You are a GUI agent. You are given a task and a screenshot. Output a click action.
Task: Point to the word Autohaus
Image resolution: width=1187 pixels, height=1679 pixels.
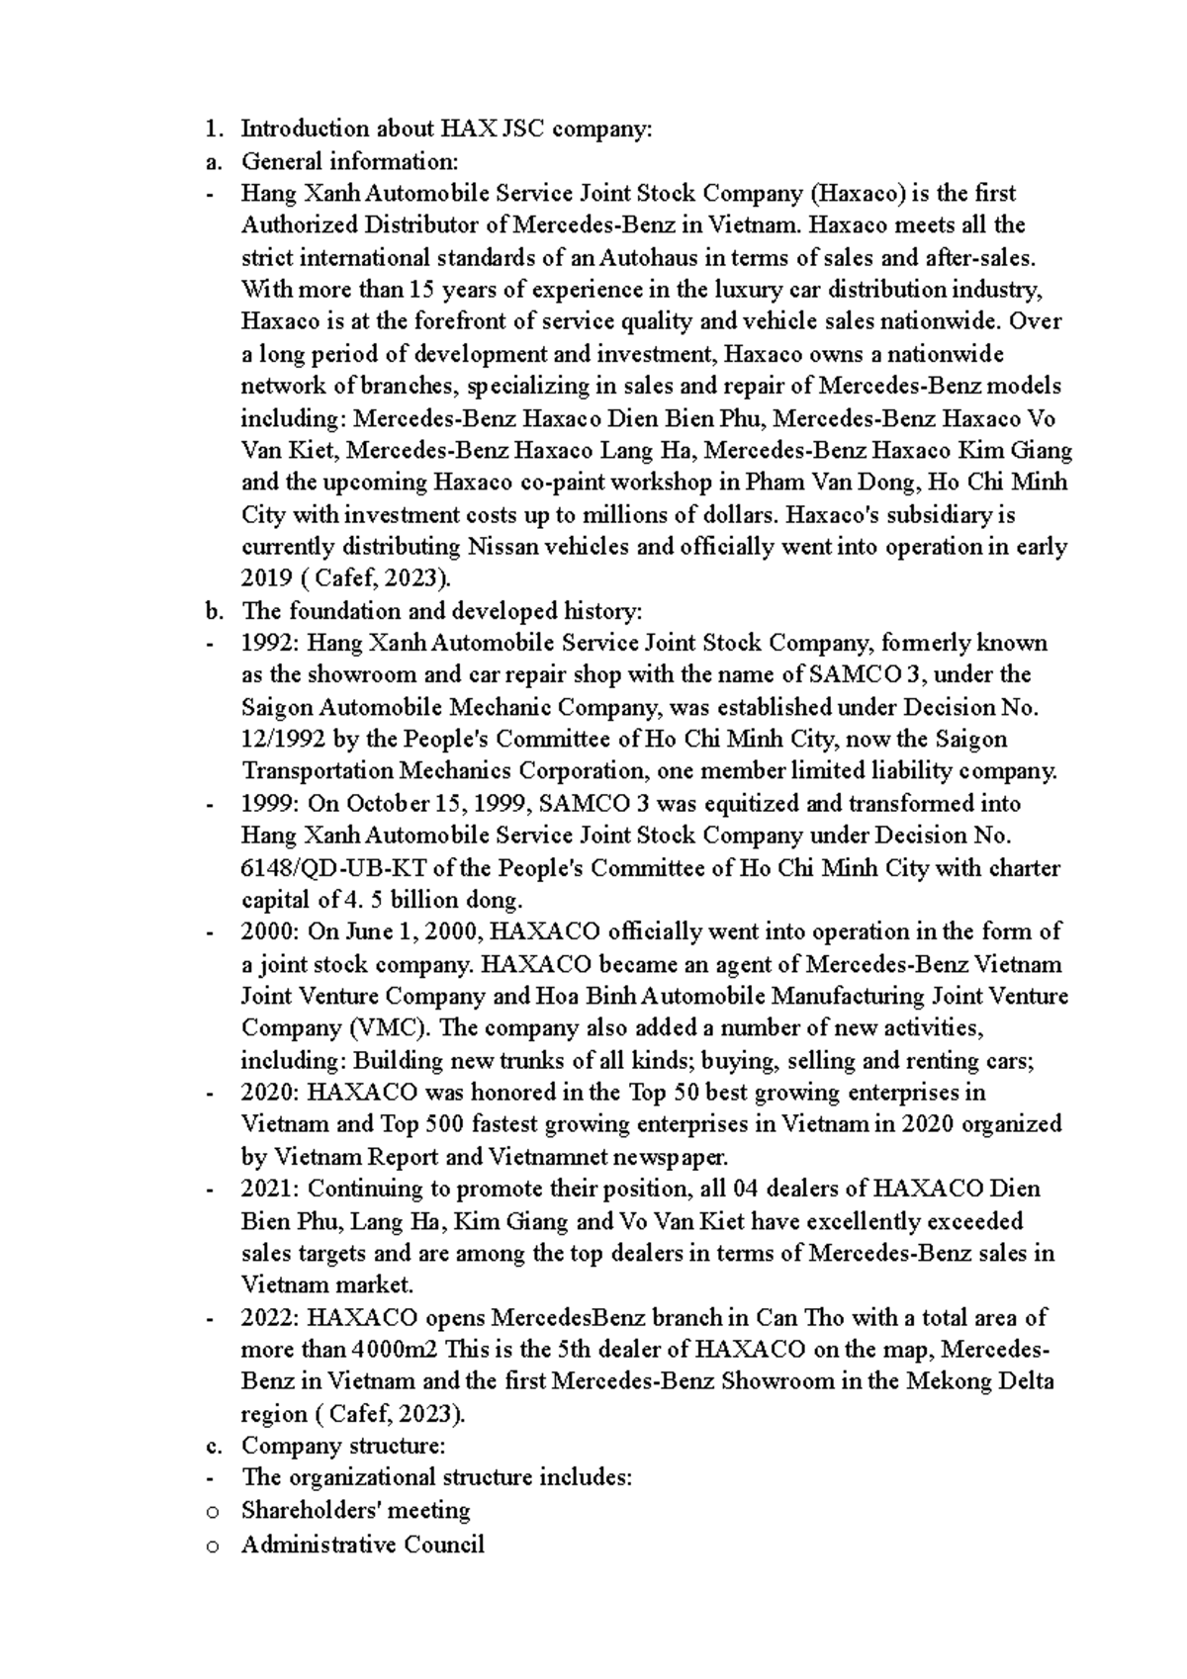662,258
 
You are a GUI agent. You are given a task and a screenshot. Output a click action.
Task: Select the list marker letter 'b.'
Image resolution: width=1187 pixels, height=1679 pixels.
211,611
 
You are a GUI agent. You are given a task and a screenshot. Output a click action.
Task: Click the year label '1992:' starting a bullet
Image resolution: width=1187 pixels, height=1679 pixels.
270,644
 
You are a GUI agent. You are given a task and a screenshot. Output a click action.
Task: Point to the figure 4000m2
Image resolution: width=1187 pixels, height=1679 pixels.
392,1350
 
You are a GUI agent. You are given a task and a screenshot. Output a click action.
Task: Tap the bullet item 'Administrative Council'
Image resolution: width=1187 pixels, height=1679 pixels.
362,1544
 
